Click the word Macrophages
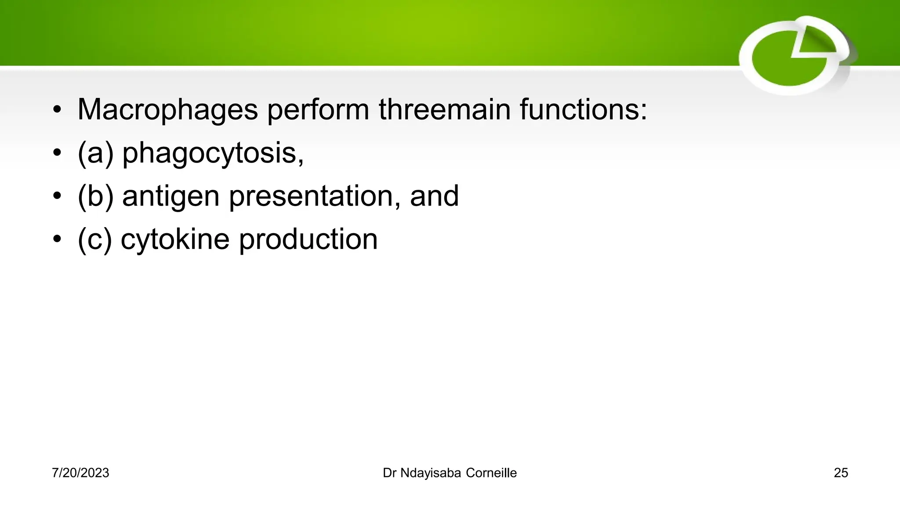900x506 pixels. (167, 109)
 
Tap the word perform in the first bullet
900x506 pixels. (318, 109)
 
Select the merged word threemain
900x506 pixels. (444, 109)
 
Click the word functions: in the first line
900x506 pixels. (583, 109)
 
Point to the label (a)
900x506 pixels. (95, 153)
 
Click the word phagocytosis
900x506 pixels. (212, 153)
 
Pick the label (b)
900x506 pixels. (95, 196)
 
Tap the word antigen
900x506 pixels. (171, 196)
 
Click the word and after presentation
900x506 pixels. (434, 196)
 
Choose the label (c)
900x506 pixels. (94, 239)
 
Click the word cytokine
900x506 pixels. (175, 239)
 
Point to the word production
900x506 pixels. (308, 239)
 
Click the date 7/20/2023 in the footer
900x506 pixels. (80, 473)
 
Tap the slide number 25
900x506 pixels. (841, 473)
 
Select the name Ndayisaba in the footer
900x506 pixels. (430, 473)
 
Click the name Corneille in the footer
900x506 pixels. (491, 473)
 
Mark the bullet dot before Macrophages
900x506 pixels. (57, 110)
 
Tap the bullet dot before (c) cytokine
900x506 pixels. (57, 240)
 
